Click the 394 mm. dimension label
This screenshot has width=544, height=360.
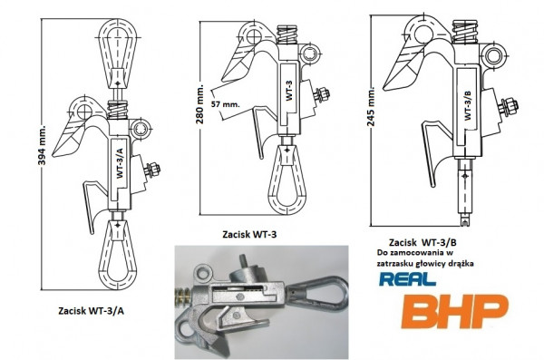[42, 144]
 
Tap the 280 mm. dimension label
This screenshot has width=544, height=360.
[200, 103]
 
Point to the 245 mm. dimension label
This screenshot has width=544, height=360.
[371, 107]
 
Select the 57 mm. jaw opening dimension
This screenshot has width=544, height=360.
[226, 103]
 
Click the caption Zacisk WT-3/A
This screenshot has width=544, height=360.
[92, 311]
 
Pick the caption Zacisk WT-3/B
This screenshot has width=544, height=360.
[422, 242]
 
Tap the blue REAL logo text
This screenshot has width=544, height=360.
[407, 278]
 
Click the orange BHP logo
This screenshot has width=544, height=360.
[455, 311]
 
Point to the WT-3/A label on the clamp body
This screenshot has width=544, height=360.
[120, 163]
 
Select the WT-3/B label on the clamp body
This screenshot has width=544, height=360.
[468, 105]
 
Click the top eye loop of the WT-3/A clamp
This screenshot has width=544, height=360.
[118, 54]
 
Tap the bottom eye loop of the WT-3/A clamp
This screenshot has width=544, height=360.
[118, 255]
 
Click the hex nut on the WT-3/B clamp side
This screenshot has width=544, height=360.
[509, 107]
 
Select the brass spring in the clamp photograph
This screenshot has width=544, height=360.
[183, 297]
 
